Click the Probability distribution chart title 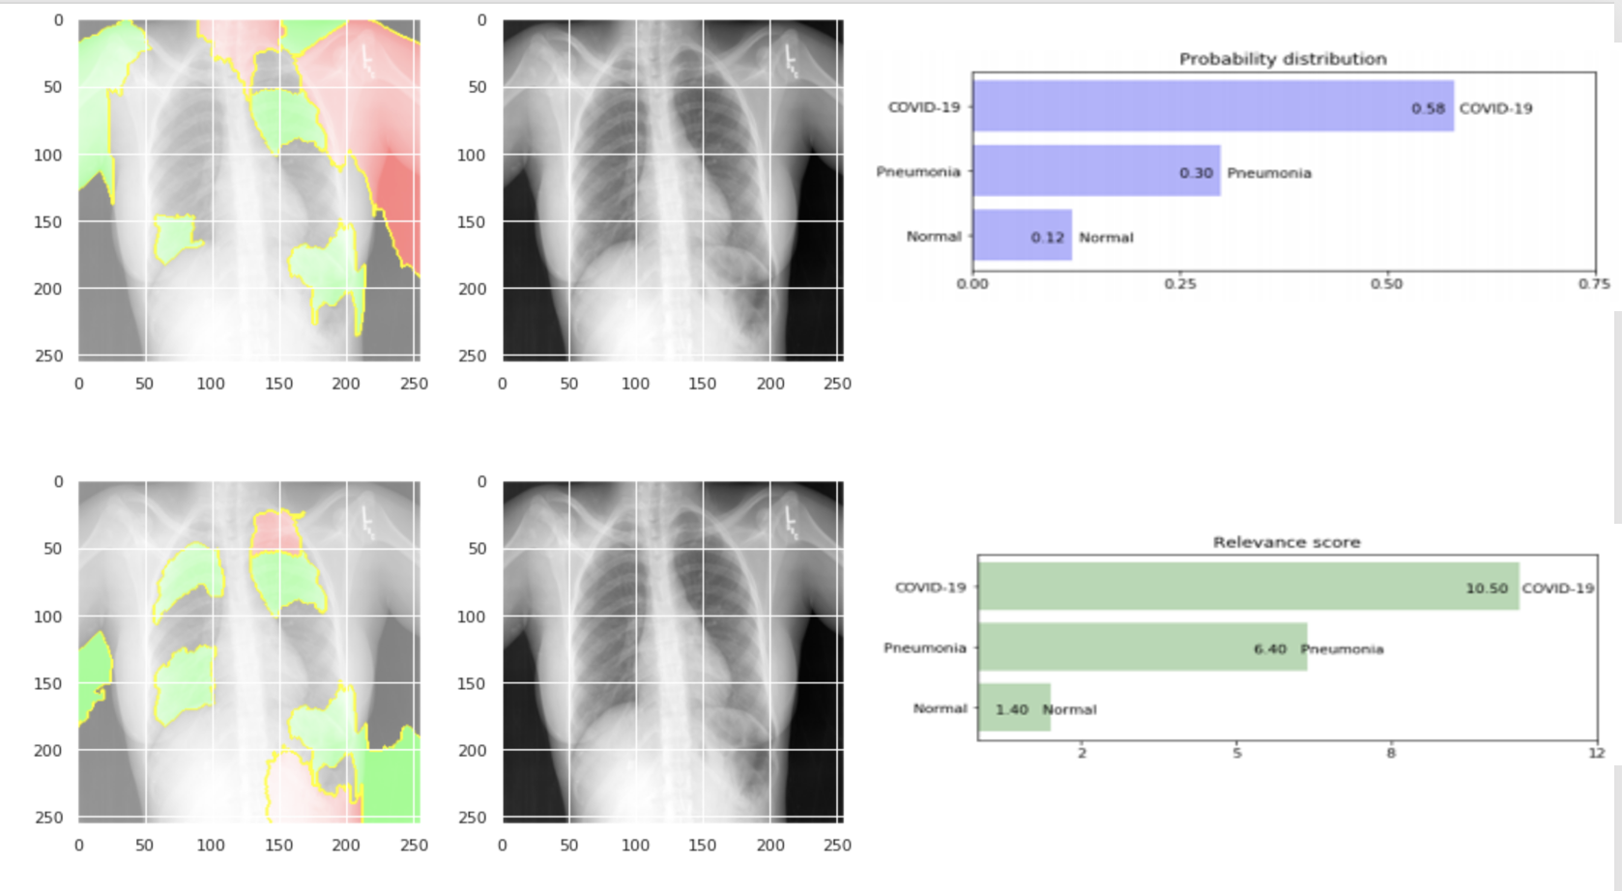pyautogui.click(x=1282, y=59)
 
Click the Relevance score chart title pyautogui.click(x=1286, y=542)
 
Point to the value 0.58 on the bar pyautogui.click(x=1428, y=108)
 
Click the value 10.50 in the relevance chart pyautogui.click(x=1486, y=588)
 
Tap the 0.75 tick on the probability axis pyautogui.click(x=1593, y=284)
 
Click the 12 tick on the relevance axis pyautogui.click(x=1596, y=753)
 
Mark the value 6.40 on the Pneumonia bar pyautogui.click(x=1269, y=648)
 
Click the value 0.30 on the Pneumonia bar pyautogui.click(x=1196, y=173)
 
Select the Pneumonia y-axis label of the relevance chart pyautogui.click(x=924, y=647)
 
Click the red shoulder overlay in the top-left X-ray pyautogui.click(x=382, y=135)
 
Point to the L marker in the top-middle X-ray pyautogui.click(x=790, y=60)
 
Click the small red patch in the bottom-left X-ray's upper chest pyautogui.click(x=275, y=531)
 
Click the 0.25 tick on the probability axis pyautogui.click(x=1179, y=284)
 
